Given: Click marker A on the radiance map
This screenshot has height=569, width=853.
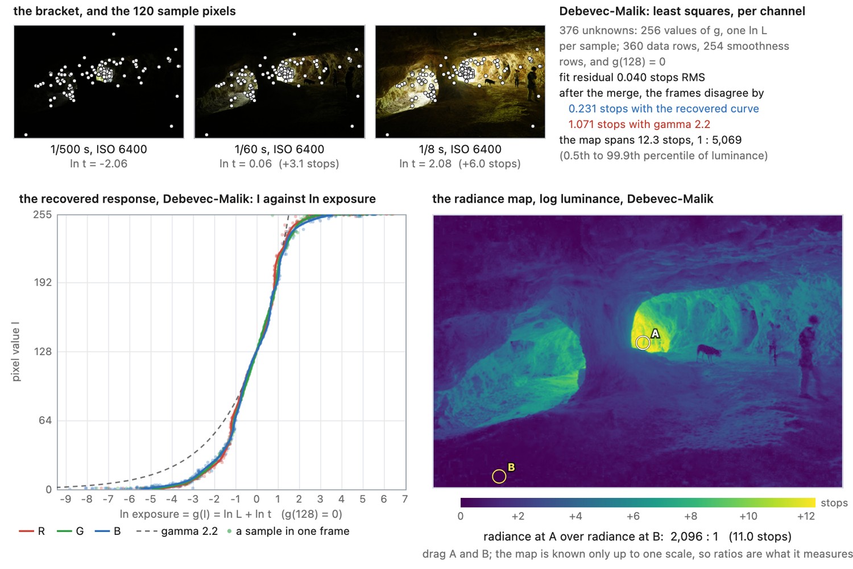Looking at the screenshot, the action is pos(643,343).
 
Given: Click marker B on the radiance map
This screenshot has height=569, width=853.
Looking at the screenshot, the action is pos(499,476).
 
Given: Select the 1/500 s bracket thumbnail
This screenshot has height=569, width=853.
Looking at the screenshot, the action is pos(98,81).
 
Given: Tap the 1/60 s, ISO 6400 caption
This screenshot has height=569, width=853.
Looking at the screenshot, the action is pos(279,149).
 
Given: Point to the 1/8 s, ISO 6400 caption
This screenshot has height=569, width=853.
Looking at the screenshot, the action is pos(460,149).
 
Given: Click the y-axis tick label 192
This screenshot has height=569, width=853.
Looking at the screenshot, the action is pos(43,282).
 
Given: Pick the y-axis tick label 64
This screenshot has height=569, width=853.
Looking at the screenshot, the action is pos(45,420).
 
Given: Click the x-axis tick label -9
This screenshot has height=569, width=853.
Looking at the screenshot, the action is pos(65,499).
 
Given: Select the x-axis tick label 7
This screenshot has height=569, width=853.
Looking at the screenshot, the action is pos(405,499).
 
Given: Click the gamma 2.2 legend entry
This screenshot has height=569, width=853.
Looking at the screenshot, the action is pos(177,531).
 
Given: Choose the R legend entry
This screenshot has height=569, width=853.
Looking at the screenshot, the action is pos(32,531).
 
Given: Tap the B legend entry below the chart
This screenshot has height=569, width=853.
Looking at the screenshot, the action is pos(108,531).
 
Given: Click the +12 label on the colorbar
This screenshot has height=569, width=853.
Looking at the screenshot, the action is pos(806,516).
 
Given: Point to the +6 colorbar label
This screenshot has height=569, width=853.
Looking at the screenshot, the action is pos(633,516).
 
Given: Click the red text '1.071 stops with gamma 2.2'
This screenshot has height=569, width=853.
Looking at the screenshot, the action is pos(639,124).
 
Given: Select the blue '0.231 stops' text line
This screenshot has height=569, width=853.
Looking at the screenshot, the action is pos(664,109).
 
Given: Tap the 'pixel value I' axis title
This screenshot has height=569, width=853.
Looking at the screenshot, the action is pos(15,352).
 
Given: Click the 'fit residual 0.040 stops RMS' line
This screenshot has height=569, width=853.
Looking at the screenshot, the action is pos(632,77).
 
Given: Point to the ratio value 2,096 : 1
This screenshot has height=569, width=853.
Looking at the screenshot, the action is pos(694,537).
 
